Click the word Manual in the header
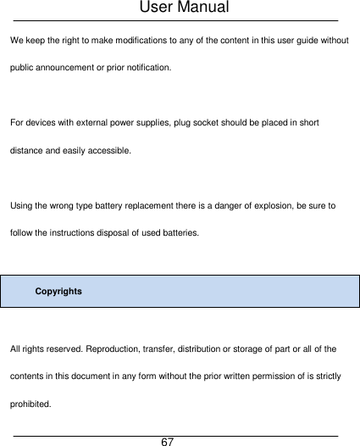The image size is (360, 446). tap(200, 8)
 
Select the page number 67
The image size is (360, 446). tap(168, 441)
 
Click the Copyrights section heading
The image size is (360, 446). tap(58, 291)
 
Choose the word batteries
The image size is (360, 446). tap(180, 231)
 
